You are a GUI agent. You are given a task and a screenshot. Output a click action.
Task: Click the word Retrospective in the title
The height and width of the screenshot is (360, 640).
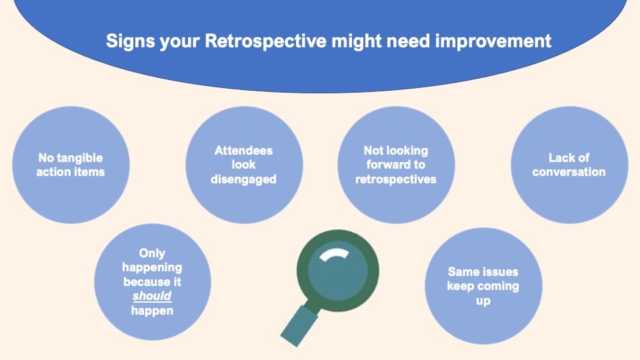pyautogui.click(x=266, y=41)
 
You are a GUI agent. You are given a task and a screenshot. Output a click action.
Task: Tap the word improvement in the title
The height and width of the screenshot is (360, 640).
pyautogui.click(x=493, y=41)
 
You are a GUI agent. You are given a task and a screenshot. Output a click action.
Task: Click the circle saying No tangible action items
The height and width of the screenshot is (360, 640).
pyautogui.click(x=71, y=165)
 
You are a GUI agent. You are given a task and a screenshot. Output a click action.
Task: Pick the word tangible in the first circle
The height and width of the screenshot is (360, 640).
pyautogui.click(x=79, y=158)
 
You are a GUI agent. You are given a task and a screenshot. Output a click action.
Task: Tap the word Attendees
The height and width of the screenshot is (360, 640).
pyautogui.click(x=244, y=151)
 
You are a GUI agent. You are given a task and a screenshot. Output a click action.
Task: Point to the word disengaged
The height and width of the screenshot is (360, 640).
pyautogui.click(x=244, y=179)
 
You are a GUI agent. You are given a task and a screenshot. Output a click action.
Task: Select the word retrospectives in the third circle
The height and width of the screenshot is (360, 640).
pyautogui.click(x=396, y=179)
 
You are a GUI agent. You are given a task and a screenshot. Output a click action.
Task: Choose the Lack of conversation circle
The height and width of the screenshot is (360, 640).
pyautogui.click(x=569, y=165)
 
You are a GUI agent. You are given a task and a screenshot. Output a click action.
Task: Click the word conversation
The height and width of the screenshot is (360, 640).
pyautogui.click(x=569, y=172)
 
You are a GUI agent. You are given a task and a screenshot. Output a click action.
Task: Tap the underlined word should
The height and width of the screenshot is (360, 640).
pyautogui.click(x=152, y=296)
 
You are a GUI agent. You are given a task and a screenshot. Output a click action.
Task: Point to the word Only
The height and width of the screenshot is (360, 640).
pyautogui.click(x=152, y=253)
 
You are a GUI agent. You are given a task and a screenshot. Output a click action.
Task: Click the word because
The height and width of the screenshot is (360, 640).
pyautogui.click(x=146, y=281)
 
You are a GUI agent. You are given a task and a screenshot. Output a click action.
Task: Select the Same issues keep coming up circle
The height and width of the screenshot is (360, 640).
pyautogui.click(x=484, y=286)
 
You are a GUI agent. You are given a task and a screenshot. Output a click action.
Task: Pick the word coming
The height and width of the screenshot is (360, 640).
pyautogui.click(x=499, y=287)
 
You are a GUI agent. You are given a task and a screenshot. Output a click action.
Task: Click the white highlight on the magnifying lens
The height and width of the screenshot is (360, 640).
pyautogui.click(x=334, y=254)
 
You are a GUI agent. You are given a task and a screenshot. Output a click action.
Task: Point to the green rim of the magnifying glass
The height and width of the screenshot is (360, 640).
pyautogui.click(x=301, y=271)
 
